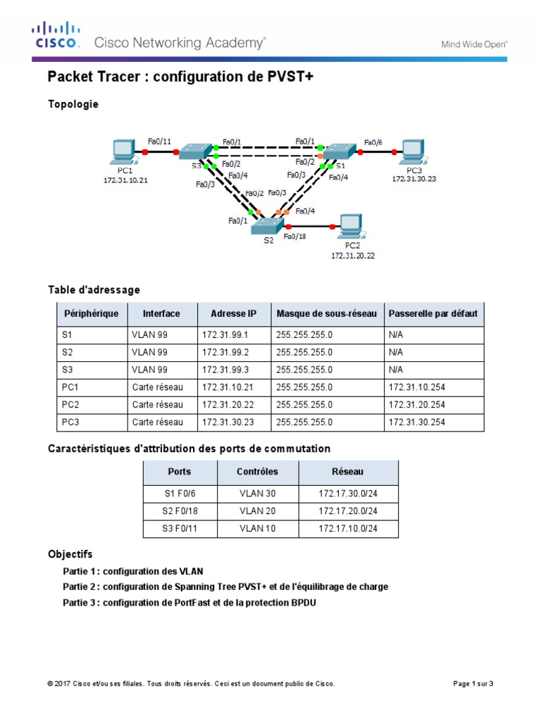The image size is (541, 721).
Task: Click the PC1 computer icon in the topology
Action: click(x=123, y=151)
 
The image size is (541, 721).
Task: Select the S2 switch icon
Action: click(x=268, y=226)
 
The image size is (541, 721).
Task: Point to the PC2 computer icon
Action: click(x=349, y=225)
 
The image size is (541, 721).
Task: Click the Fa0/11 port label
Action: click(x=159, y=141)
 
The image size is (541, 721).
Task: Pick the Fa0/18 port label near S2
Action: click(x=295, y=237)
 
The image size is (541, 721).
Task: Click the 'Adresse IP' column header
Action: click(x=233, y=313)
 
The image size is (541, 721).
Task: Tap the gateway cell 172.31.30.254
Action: click(x=417, y=423)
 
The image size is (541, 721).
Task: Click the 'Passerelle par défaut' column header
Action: click(x=433, y=313)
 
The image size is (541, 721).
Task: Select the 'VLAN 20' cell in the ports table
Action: click(x=258, y=510)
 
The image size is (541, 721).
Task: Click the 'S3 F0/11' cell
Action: click(x=180, y=529)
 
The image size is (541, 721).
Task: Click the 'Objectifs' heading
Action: click(x=70, y=555)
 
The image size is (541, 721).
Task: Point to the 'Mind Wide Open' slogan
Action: click(x=474, y=44)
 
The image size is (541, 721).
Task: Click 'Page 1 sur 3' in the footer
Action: click(x=472, y=684)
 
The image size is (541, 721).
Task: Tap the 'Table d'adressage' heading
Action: click(x=94, y=289)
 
